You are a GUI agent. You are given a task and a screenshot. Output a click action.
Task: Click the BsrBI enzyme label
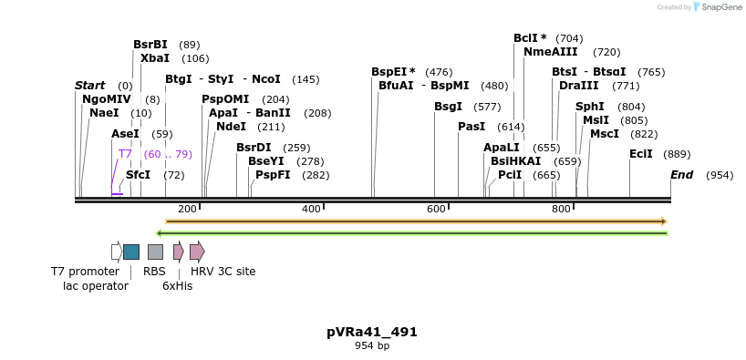[x=150, y=45]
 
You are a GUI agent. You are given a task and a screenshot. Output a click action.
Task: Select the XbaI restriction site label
[x=155, y=58]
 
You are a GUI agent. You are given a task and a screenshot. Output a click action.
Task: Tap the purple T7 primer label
[x=125, y=154]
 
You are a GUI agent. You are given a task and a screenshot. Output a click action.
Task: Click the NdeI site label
[x=232, y=127]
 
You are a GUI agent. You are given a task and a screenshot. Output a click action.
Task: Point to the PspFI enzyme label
[x=273, y=175]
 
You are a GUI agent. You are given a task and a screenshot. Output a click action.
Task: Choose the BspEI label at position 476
[x=393, y=72]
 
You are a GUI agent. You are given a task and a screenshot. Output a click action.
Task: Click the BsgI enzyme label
[x=448, y=107]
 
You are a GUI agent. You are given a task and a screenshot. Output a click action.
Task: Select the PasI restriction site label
[x=471, y=127]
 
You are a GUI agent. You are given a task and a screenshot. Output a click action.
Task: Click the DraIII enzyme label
[x=579, y=86]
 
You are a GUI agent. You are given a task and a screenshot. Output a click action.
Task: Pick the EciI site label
[x=641, y=154]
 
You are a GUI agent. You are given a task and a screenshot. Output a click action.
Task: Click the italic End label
[x=682, y=175]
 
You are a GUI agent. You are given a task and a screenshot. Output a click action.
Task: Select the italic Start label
[x=90, y=86]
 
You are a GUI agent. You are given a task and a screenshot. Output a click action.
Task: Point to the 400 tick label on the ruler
[x=311, y=209]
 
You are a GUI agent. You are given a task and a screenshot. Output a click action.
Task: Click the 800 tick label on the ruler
[x=561, y=209]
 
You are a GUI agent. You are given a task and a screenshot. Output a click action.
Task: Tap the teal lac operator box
[x=131, y=252]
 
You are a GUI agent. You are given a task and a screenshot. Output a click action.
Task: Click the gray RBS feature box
[x=155, y=252]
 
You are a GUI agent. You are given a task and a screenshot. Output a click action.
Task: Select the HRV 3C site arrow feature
[x=197, y=252]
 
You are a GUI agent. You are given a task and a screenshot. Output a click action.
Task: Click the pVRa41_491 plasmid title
[x=372, y=332]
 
